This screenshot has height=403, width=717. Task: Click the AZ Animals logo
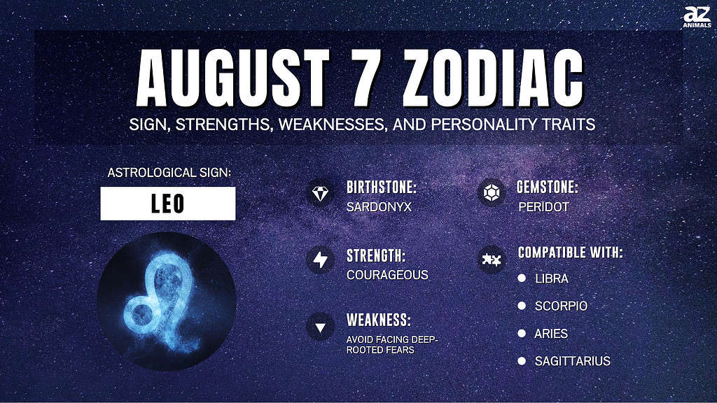click(697, 17)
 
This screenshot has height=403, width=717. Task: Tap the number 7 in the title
click(361, 77)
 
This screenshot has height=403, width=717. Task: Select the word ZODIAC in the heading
click(493, 77)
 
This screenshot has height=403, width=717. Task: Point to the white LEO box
click(168, 204)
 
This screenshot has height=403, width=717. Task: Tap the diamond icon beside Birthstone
click(320, 193)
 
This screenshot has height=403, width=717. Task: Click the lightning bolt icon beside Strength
click(320, 260)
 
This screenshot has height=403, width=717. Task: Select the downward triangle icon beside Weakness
click(320, 327)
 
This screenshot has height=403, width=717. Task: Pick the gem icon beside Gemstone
click(492, 192)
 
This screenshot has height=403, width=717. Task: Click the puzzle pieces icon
click(492, 260)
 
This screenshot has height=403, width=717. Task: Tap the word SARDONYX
click(379, 207)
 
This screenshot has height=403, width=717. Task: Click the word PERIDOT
click(543, 207)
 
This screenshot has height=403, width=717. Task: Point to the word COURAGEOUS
click(387, 274)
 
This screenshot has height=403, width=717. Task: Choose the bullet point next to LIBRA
click(522, 278)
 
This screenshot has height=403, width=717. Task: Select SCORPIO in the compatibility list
click(561, 306)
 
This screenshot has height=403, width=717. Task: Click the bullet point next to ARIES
click(522, 333)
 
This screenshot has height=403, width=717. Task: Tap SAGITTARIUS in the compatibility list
click(573, 361)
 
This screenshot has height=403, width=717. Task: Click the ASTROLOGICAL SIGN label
click(169, 173)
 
